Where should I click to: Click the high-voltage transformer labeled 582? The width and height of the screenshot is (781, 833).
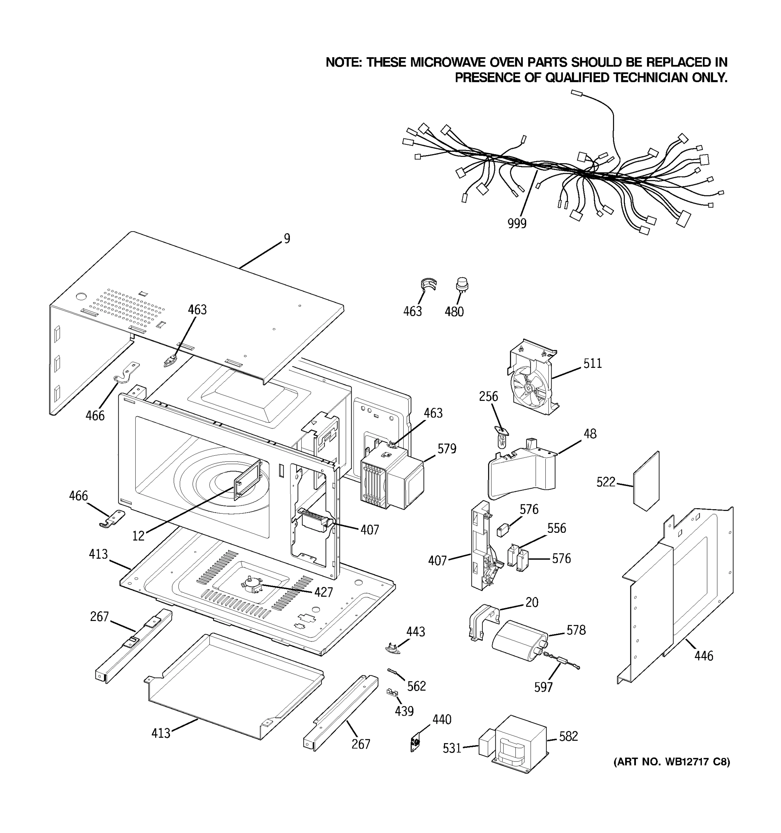522,744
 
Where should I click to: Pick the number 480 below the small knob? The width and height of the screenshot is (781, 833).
454,312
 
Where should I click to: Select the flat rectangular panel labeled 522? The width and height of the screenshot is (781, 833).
646,482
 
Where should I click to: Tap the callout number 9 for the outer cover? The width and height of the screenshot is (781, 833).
287,238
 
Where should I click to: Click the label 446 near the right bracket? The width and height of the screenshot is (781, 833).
704,656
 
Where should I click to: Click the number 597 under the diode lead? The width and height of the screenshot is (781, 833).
543,687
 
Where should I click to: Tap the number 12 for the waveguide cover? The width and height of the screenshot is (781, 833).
138,536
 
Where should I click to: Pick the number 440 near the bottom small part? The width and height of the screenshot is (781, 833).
442,720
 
